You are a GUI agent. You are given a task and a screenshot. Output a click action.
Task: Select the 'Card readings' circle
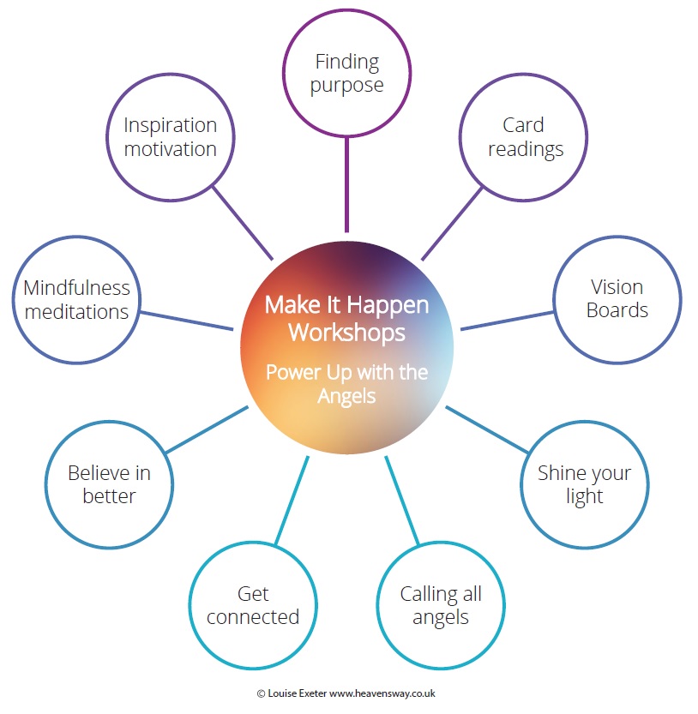coord(523,75)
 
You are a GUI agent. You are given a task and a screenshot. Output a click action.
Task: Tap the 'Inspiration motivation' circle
coord(171,75)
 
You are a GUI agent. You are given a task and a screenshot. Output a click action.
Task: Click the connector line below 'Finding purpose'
coord(346,184)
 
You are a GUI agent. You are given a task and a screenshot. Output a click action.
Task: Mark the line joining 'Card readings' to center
coord(452,224)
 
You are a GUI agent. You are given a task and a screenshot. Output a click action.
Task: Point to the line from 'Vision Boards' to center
coord(507,321)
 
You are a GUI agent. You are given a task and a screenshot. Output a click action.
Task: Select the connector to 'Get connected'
coord(292,500)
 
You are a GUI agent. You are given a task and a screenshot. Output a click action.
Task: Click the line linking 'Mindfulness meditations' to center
coord(186,321)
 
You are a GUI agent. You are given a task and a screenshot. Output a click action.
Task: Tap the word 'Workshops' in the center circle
coord(346,333)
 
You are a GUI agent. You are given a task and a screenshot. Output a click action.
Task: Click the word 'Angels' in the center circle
coord(346,397)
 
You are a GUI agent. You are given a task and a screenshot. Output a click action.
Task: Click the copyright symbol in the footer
coord(261,694)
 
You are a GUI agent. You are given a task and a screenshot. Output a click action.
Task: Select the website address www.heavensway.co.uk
coord(382,693)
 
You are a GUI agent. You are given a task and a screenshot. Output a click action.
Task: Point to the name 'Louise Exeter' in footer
coord(297,693)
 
